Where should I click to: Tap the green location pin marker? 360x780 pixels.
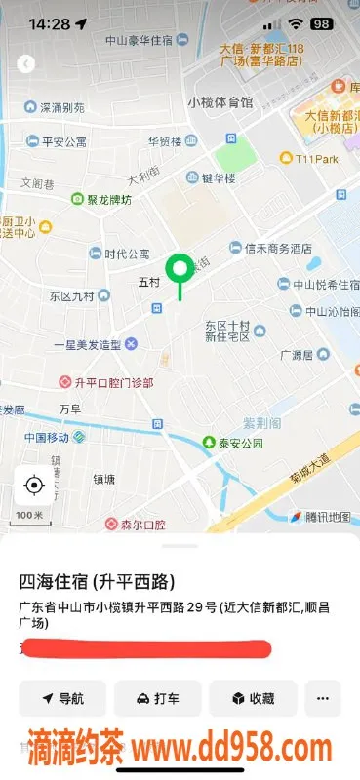[x=179, y=268]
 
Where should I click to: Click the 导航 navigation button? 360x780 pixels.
[x=61, y=698]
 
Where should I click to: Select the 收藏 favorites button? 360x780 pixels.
[x=252, y=698]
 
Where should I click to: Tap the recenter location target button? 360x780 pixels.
[x=35, y=485]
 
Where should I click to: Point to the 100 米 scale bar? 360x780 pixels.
[x=28, y=515]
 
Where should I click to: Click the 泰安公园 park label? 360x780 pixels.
[x=232, y=443]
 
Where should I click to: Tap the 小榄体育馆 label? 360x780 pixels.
[x=220, y=101]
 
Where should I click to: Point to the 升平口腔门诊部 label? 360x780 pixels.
[x=107, y=382]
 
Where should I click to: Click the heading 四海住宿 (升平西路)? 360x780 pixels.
[x=98, y=583]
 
